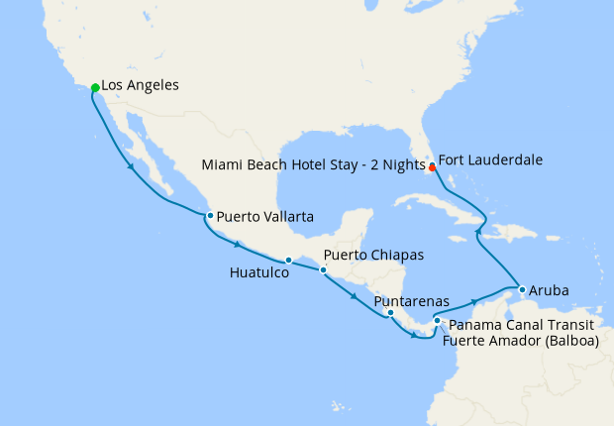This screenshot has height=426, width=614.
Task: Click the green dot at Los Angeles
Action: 95,88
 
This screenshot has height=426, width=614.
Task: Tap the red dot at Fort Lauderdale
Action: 432,167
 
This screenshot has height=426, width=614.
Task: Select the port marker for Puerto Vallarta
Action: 209,215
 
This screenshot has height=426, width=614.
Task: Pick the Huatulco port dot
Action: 288,261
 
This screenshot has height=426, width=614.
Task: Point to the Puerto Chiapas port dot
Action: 322,269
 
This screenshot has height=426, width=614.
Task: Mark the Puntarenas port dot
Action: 390,313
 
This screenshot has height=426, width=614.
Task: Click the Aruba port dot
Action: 522,290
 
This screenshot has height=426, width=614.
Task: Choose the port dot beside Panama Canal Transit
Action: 437,321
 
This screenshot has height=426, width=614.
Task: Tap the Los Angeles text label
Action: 140,86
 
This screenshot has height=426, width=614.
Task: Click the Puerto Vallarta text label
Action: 265,215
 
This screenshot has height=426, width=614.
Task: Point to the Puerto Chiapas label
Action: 373,256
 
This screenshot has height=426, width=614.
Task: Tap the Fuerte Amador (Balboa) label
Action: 521,342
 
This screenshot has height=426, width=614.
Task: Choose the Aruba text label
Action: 549,291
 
